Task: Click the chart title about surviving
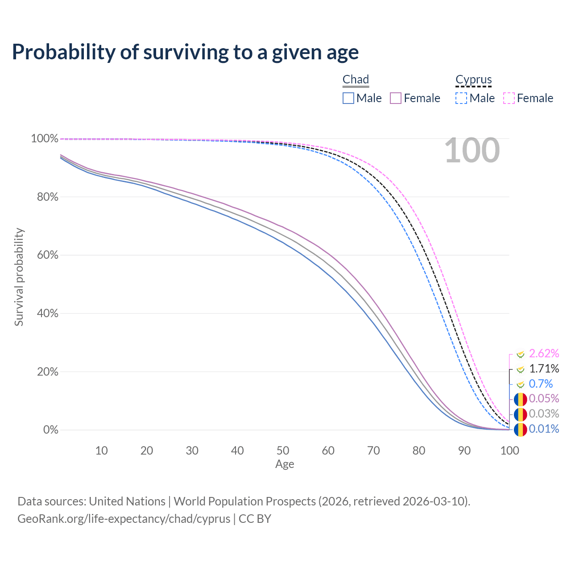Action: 185,52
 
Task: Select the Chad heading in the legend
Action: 356,79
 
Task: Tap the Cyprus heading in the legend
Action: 473,79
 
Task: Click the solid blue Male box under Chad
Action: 348,98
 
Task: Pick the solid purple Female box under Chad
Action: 396,98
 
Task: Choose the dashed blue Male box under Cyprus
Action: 461,98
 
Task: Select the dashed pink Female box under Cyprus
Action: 509,98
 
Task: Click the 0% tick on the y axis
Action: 51,430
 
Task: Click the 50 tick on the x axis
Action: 283,451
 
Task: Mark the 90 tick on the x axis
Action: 464,451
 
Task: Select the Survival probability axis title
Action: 19,277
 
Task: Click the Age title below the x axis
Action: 285,464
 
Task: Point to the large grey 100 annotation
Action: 472,151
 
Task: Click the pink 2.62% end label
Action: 544,354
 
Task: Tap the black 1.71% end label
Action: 544,368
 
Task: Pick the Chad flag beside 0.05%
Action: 520,399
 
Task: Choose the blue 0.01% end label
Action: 544,429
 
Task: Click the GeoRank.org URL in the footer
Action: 124,519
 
